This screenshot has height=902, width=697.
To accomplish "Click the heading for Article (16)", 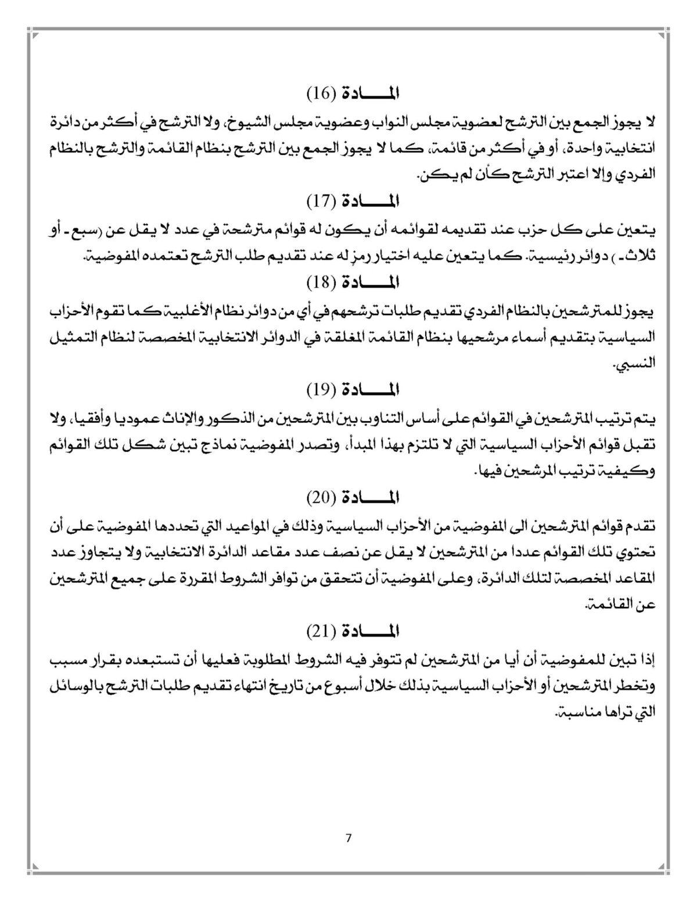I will [354, 93].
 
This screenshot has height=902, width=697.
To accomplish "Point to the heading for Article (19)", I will [354, 389].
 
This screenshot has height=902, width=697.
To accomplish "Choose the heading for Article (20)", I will [354, 497].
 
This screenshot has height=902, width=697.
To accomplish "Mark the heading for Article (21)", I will [354, 630].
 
